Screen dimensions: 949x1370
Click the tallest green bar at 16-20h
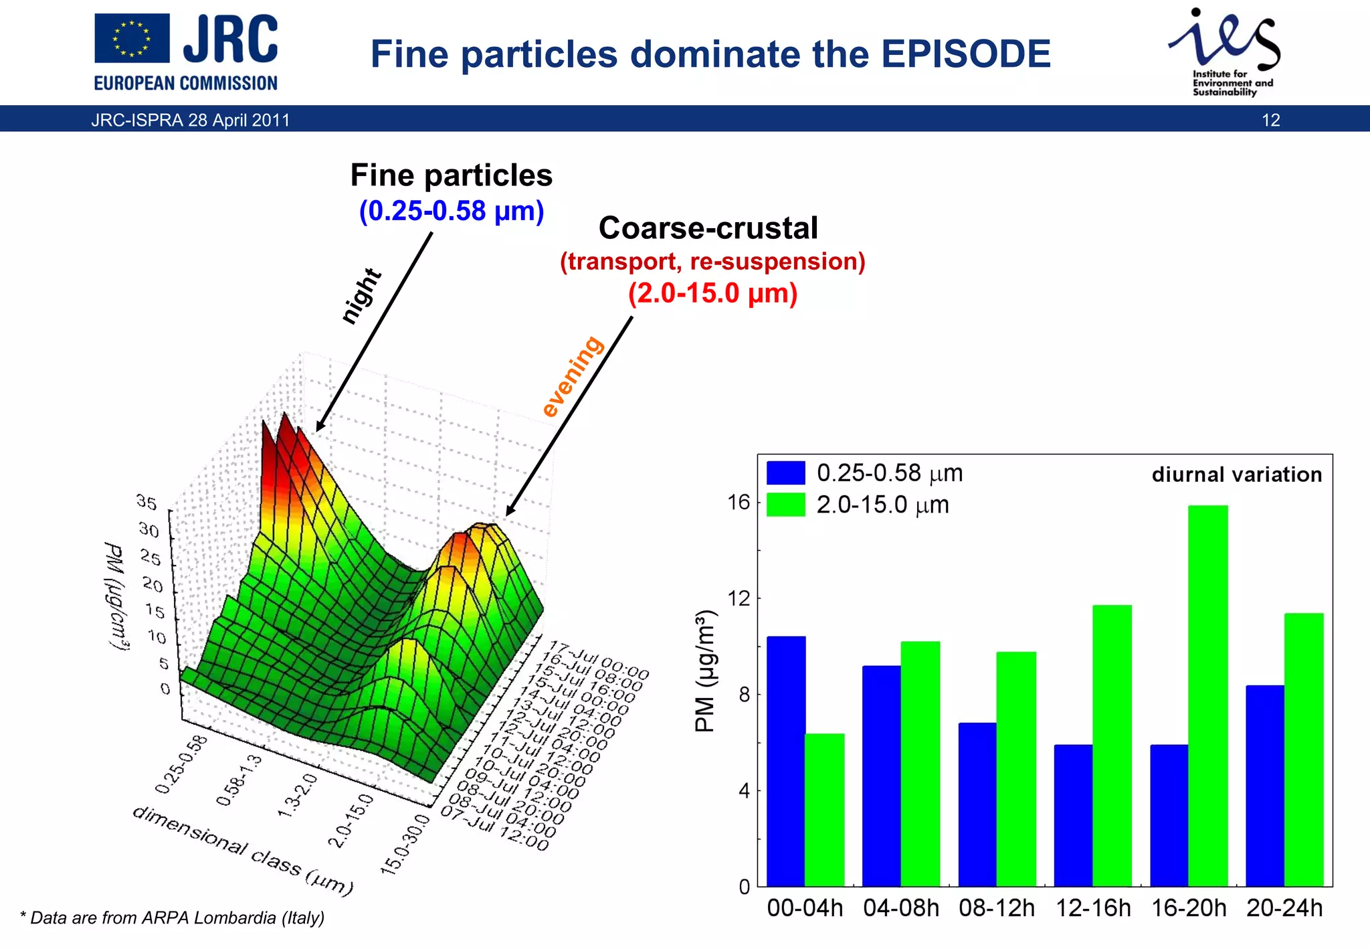1208,696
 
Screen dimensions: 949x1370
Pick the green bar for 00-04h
824,810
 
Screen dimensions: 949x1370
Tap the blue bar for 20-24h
1265,786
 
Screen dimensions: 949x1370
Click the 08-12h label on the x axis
996,908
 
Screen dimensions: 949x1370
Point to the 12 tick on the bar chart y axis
739,598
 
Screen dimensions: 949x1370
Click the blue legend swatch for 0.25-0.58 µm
785,472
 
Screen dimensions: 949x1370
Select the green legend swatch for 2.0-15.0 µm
785,505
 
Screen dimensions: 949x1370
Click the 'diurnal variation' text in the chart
1236,474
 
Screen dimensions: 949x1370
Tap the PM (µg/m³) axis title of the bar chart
705,671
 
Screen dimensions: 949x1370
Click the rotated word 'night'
361,296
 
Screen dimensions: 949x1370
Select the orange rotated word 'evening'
572,376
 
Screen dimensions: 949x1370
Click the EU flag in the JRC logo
132,38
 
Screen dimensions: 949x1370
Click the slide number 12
1270,120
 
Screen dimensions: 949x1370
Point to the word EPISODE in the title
965,54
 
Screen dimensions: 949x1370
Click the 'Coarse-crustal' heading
708,228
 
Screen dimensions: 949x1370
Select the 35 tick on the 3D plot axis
146,501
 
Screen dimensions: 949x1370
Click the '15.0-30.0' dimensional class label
404,844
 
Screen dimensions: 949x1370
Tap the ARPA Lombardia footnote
173,918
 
